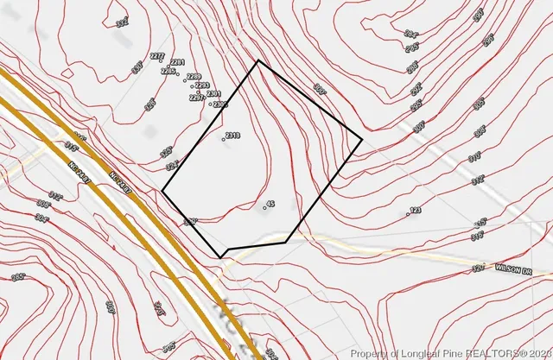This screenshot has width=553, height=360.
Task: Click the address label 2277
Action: click(157, 56)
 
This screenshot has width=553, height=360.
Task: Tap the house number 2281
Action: click(178, 63)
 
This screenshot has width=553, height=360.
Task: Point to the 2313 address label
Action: click(232, 136)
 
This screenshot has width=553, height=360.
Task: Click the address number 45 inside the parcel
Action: click(270, 204)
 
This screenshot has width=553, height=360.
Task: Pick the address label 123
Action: click(415, 210)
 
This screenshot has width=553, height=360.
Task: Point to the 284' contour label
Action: click(410, 34)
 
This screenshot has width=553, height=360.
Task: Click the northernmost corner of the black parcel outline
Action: click(258, 61)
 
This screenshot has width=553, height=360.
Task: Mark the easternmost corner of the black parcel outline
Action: click(361, 138)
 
